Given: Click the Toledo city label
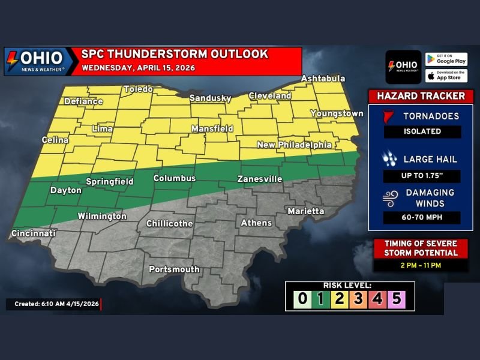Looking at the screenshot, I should pyautogui.click(x=138, y=89).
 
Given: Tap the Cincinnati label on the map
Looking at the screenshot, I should pyautogui.click(x=34, y=233).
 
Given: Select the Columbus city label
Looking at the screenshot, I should pyautogui.click(x=175, y=178).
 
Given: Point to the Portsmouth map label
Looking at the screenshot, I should pyautogui.click(x=174, y=269).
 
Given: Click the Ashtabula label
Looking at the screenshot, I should pyautogui.click(x=323, y=79).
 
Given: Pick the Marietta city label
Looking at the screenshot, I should pyautogui.click(x=305, y=211).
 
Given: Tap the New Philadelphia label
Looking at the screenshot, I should pyautogui.click(x=294, y=145).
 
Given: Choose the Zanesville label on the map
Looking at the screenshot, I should pyautogui.click(x=259, y=179).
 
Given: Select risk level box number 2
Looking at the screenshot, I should pyautogui.click(x=338, y=299).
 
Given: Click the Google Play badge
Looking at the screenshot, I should pyautogui.click(x=446, y=59).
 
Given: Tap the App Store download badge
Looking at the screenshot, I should pyautogui.click(x=446, y=76).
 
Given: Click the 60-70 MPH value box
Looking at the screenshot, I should pyautogui.click(x=422, y=218).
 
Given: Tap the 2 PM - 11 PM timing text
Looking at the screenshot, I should pyautogui.click(x=420, y=264).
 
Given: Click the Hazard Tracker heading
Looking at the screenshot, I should pyautogui.click(x=421, y=96).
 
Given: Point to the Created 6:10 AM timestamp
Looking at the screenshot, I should pyautogui.click(x=53, y=305).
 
